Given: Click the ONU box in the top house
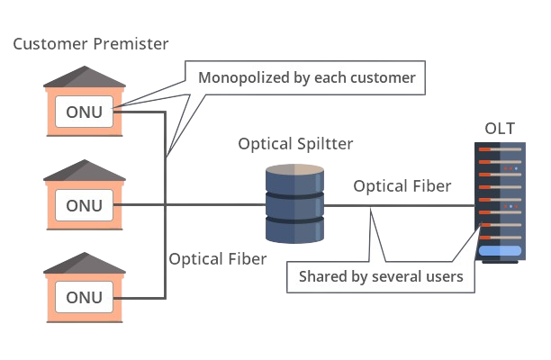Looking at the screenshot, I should point(85,112).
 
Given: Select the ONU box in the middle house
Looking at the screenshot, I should point(85,205).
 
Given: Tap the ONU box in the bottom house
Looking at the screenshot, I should point(85,297).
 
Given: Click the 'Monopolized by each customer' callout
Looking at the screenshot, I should point(306,77).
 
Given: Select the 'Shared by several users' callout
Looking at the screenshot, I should point(380,276).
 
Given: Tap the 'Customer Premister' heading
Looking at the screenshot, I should point(91,43).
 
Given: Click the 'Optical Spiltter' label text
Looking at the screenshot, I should point(295,144).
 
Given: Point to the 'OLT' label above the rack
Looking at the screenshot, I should point(499,128).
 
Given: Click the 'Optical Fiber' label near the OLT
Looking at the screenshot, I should point(402,186).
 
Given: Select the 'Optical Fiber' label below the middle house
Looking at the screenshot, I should point(218,259).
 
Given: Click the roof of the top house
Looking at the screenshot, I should point(85,79).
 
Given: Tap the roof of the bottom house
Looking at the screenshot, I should point(85,264).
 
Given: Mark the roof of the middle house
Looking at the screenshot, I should point(85,171).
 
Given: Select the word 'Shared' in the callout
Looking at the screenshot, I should point(322,276).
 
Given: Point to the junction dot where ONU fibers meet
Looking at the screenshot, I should point(165,205).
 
